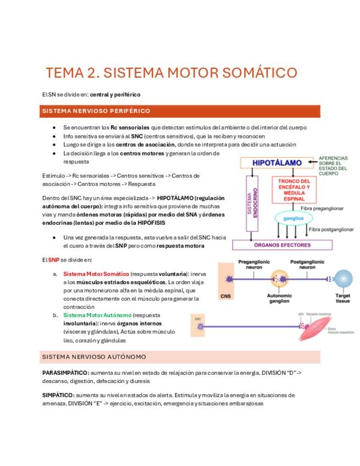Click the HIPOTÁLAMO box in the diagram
pos(277,163)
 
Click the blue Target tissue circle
pos(343,279)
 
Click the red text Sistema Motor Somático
pos(96,273)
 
